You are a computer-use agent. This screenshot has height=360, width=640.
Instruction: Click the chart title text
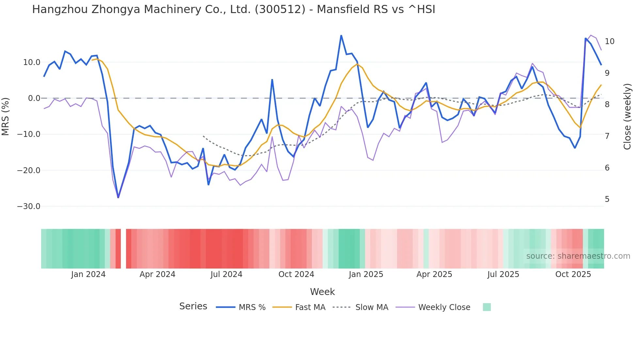233,9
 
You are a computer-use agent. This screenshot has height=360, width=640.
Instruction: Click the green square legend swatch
487,307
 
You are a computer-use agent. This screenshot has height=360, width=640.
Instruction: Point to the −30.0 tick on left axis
29,206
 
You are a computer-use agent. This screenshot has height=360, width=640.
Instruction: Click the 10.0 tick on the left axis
32,62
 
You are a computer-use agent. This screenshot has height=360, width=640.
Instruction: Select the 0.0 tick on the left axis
34,98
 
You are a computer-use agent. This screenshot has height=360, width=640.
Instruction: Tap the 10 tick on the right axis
609,41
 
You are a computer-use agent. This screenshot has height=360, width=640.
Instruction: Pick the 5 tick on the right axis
607,199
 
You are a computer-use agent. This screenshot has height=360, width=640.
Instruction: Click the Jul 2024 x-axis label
226,274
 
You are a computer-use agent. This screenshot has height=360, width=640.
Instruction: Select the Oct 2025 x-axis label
573,274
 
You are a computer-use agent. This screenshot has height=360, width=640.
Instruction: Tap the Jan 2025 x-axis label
366,274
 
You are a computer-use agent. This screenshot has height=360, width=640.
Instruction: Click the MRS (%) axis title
6,116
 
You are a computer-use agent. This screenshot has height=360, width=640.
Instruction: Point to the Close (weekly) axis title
627,116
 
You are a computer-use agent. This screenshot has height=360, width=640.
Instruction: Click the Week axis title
322,292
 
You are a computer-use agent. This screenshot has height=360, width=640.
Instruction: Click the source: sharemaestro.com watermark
578,256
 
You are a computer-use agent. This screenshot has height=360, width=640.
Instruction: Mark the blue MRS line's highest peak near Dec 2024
341,35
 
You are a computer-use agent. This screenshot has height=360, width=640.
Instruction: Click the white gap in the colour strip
123,249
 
